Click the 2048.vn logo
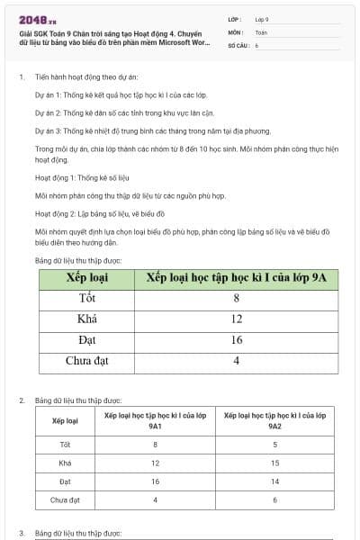(37, 19)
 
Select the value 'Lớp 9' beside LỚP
(262, 19)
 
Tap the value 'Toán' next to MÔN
(261, 31)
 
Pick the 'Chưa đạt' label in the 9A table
(87, 361)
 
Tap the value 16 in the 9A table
(236, 340)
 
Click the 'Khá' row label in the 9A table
(87, 319)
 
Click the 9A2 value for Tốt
(274, 445)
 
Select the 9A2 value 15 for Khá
(274, 463)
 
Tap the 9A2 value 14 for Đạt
(274, 481)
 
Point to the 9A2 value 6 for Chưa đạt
(274, 499)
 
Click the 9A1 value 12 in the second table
(155, 463)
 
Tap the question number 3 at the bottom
(21, 533)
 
